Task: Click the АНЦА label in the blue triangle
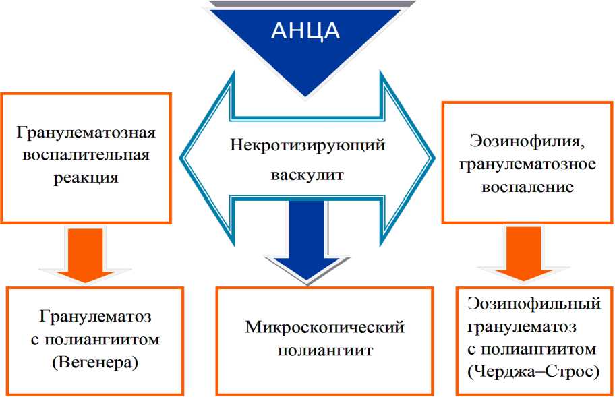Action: (x=305, y=32)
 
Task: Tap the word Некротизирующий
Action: (x=307, y=146)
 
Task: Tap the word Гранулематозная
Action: (x=86, y=131)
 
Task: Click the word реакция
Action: (x=86, y=178)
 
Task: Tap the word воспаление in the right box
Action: (x=528, y=187)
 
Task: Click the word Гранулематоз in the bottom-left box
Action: (x=95, y=315)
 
